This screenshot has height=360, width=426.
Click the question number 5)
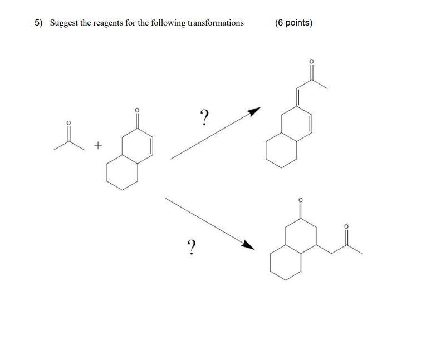(x=38, y=23)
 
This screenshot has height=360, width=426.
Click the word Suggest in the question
(x=65, y=23)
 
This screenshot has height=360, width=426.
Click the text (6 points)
(x=293, y=23)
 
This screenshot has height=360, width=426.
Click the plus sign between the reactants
(x=98, y=146)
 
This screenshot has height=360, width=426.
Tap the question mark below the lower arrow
(x=192, y=246)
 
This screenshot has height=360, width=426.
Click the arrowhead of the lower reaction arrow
(x=248, y=245)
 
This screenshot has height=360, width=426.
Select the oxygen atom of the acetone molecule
(x=69, y=123)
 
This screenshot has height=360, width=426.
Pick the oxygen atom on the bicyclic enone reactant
(x=138, y=111)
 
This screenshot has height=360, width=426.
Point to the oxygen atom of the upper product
(x=311, y=61)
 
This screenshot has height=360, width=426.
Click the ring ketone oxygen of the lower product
(x=301, y=199)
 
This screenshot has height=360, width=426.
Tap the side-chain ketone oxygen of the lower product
(x=346, y=226)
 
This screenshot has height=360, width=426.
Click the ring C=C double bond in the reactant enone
(x=152, y=145)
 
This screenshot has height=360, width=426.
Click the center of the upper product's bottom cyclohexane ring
(x=281, y=151)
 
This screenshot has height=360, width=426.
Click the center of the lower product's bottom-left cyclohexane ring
(x=286, y=262)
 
